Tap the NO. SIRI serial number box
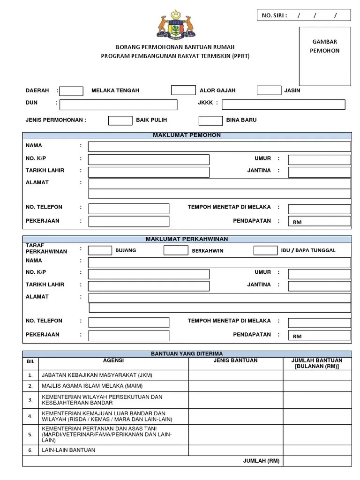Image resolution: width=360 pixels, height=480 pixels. (x=303, y=15)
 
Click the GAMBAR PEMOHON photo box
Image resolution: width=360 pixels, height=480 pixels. (x=324, y=56)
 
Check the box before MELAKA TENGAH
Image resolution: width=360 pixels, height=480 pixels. (x=71, y=91)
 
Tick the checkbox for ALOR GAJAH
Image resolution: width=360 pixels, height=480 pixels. (x=183, y=90)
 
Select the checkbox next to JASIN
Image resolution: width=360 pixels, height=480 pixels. (x=269, y=90)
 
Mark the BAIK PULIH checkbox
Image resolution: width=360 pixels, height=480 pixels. (x=120, y=120)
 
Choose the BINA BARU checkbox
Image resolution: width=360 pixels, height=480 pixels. (x=210, y=120)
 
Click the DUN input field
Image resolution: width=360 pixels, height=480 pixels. (x=118, y=105)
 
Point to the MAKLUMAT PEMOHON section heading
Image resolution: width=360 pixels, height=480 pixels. (x=187, y=135)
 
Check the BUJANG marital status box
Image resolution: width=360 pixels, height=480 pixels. (x=100, y=250)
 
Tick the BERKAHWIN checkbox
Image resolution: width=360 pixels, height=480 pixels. (x=176, y=250)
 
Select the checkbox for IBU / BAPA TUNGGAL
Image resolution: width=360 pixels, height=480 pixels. (x=265, y=250)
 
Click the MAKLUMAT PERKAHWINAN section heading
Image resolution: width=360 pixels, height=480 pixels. (x=187, y=239)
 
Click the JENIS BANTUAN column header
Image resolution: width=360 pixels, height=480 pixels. (x=235, y=360)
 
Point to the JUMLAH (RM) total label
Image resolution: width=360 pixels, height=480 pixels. (x=261, y=461)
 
